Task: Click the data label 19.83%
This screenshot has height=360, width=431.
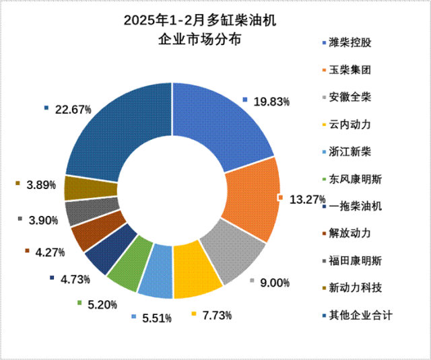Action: tap(271, 102)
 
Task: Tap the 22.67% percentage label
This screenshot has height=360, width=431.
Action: tap(73, 110)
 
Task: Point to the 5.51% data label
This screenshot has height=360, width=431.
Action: tap(156, 317)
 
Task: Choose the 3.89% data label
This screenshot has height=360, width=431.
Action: tap(40, 185)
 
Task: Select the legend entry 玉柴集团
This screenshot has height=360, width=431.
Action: tap(350, 70)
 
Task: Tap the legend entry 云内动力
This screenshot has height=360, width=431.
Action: tap(350, 124)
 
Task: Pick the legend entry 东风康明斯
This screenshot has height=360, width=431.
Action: tap(355, 179)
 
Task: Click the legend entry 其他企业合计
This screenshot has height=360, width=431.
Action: tap(360, 315)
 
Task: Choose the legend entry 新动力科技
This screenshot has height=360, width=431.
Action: tap(355, 288)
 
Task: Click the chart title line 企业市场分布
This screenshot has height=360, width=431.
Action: tap(199, 39)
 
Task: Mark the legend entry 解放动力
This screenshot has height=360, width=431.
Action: tap(350, 233)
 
